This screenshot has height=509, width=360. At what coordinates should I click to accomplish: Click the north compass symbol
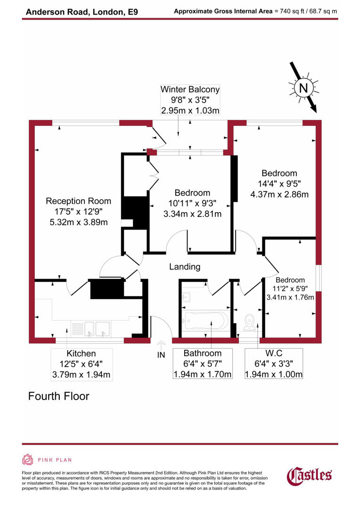point(303,88)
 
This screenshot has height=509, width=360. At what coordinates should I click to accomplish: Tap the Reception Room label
point(78,201)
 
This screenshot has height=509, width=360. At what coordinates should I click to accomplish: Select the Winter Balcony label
point(190,89)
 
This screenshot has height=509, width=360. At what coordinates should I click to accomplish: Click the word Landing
point(185,267)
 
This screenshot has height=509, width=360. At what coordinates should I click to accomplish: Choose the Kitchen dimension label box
point(81,364)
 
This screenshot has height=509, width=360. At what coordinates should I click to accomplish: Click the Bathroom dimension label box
point(202,364)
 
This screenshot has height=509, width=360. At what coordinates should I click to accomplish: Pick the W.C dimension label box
point(273,364)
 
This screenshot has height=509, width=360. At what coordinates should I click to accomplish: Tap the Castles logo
point(310,475)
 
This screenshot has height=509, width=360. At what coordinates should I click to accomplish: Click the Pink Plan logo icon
point(27,460)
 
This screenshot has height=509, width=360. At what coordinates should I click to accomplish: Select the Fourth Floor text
point(58,396)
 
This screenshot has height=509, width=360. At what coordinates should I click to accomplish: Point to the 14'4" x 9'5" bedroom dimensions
point(278,183)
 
